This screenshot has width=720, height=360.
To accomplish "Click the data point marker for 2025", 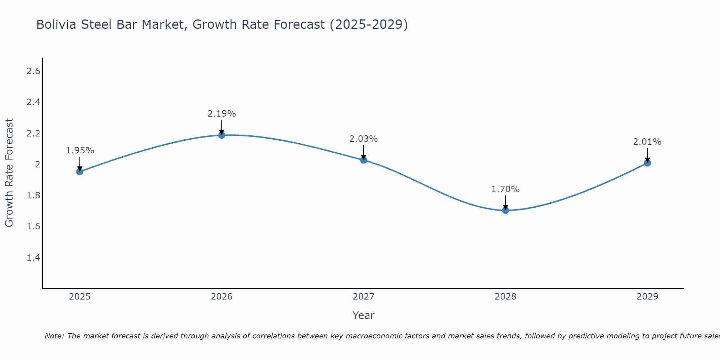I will [x=80, y=172].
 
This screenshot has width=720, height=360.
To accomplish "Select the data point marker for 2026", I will [x=222, y=135].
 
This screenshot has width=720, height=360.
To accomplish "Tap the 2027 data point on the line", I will [x=364, y=160].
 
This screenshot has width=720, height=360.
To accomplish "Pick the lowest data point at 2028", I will [x=505, y=210].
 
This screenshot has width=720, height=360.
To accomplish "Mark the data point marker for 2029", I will [x=647, y=163].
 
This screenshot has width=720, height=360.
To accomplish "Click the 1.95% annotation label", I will [x=80, y=150].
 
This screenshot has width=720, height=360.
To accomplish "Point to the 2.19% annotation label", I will [x=222, y=114].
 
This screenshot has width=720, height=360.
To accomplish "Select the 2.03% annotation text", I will [x=364, y=139].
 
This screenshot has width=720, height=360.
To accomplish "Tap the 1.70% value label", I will [x=505, y=189].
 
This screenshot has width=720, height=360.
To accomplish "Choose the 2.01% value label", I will [x=647, y=142].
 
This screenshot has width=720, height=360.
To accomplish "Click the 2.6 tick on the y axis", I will [x=33, y=71].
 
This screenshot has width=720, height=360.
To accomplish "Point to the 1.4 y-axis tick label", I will [x=33, y=257].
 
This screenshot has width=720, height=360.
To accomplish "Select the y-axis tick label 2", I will [x=37, y=165].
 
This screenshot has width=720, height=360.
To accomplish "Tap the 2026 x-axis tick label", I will [x=222, y=297].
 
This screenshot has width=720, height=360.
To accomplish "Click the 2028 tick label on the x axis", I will [x=505, y=297].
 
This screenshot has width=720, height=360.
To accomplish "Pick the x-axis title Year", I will [x=364, y=315].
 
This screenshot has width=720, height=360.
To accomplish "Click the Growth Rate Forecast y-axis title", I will [x=9, y=173].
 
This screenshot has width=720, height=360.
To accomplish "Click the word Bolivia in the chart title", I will [x=56, y=25].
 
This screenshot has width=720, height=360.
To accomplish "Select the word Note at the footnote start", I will [x=54, y=336].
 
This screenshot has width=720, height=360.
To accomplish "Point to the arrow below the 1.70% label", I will [x=505, y=202].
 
